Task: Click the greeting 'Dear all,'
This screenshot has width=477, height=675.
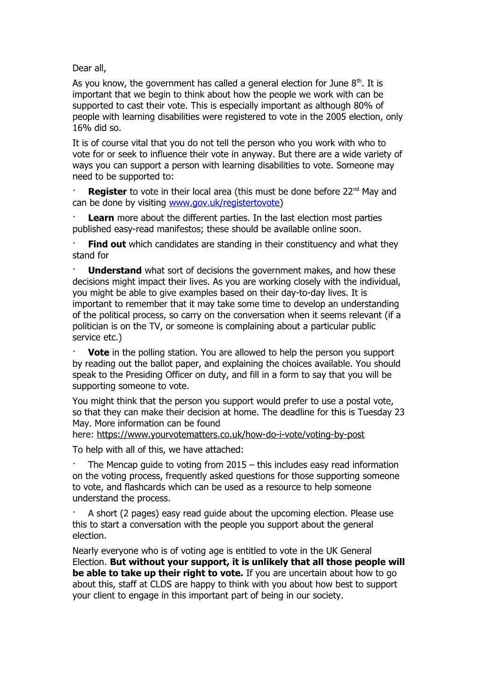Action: (89, 68)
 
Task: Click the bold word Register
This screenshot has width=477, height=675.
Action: (107, 192)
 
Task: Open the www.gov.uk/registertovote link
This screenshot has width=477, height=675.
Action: (224, 203)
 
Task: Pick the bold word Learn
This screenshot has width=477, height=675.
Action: (101, 218)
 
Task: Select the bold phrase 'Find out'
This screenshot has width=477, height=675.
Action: (107, 244)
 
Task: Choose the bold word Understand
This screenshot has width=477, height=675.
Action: (115, 270)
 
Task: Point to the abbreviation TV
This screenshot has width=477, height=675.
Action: (155, 327)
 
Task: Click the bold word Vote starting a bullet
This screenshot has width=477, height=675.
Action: (99, 353)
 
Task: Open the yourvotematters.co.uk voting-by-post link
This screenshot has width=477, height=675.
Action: (231, 435)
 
